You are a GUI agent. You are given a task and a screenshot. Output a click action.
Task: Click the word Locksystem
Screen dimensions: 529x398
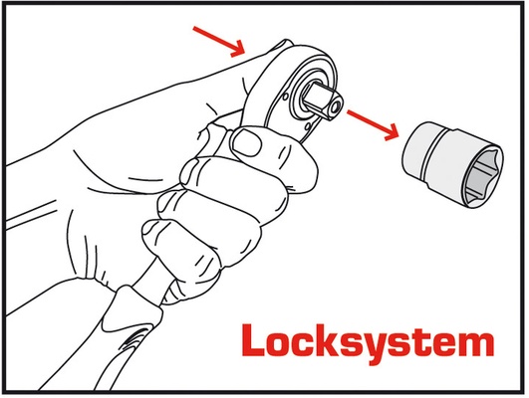click(x=368, y=342)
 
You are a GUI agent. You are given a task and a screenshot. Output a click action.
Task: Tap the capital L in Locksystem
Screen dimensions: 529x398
click(x=253, y=339)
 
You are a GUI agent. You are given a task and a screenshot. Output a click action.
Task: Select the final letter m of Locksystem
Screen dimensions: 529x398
click(x=476, y=343)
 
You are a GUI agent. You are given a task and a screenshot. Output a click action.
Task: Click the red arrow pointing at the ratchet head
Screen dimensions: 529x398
click(x=218, y=42)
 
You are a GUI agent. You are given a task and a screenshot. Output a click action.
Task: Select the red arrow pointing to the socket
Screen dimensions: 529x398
click(x=373, y=124)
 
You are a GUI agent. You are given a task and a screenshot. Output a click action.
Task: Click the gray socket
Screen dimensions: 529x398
click(x=452, y=164)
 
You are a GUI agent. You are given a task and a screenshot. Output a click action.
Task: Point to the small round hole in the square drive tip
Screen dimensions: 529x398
click(x=336, y=107)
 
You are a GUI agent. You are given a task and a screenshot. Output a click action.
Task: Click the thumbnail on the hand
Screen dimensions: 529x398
click(x=247, y=142)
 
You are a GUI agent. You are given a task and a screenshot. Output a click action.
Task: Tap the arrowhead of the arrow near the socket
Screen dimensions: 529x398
click(x=393, y=133)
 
